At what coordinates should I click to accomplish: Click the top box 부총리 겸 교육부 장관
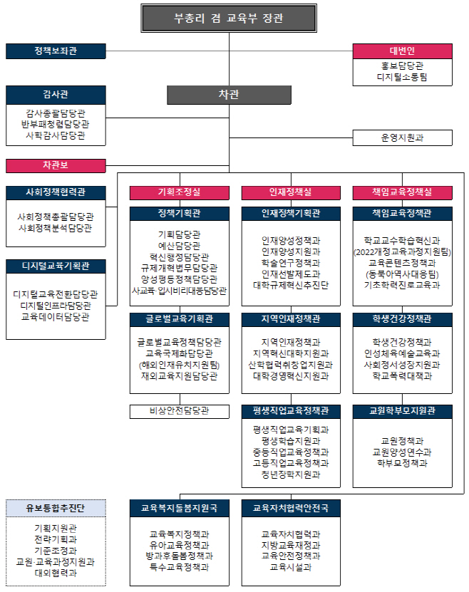(229, 18)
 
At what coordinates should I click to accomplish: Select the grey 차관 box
(229, 95)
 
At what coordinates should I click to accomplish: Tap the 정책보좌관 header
(56, 51)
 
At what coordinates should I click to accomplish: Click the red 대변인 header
(402, 51)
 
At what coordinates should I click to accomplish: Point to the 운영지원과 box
(402, 137)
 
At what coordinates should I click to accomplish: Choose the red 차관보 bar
(56, 166)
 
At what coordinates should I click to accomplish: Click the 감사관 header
(56, 95)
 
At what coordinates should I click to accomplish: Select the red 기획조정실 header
(180, 192)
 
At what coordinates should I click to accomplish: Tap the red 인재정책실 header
(291, 192)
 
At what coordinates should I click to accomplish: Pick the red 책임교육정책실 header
(402, 192)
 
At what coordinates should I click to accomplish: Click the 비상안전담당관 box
(180, 411)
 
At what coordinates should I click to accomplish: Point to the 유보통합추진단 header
(56, 508)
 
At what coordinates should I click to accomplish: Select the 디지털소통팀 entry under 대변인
(402, 78)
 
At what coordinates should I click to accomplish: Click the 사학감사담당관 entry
(56, 135)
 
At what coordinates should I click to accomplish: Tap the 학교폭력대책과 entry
(402, 376)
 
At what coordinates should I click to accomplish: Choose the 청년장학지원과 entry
(291, 474)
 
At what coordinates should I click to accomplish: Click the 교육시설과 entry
(291, 567)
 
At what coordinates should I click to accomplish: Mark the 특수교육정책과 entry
(180, 567)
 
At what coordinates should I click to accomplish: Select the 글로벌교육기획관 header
(180, 319)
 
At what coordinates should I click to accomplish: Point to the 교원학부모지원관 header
(402, 411)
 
